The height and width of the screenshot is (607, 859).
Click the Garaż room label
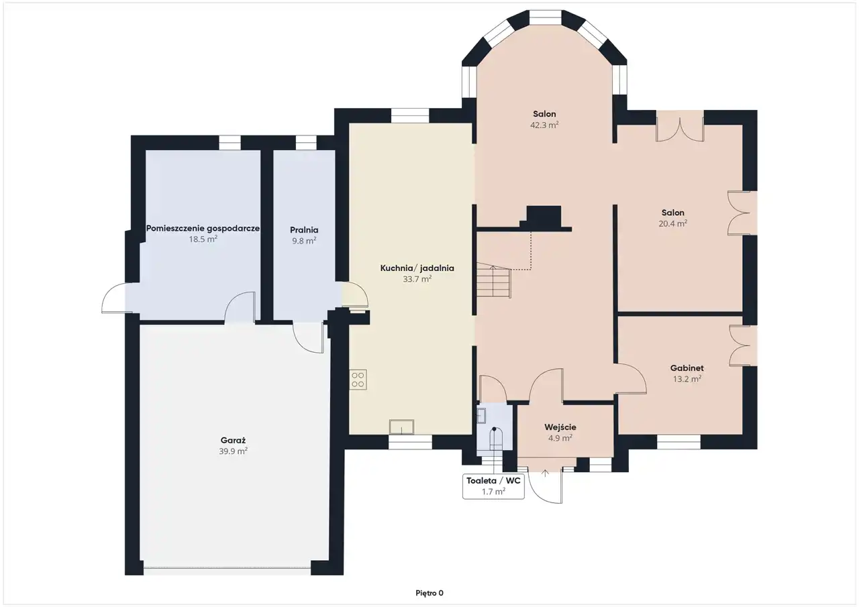click(x=233, y=440)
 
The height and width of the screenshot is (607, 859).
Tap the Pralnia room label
click(x=304, y=230)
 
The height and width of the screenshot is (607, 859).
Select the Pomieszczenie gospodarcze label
click(x=203, y=229)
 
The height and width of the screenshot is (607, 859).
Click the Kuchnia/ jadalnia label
click(x=417, y=268)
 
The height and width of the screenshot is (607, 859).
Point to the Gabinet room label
click(x=687, y=368)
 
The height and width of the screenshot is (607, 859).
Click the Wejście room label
click(x=560, y=427)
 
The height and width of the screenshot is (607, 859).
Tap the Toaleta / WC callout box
click(x=493, y=486)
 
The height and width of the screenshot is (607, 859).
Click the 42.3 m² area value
click(x=544, y=125)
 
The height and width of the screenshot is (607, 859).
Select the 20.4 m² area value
click(x=672, y=223)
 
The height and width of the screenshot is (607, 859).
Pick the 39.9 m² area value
click(x=233, y=451)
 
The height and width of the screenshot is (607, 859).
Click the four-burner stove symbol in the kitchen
click(x=358, y=380)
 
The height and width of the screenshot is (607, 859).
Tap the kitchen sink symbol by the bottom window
click(x=401, y=427)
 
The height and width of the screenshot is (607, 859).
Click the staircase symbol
click(x=494, y=282)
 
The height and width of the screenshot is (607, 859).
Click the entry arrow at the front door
click(x=545, y=474)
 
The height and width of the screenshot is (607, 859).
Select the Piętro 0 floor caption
click(x=429, y=593)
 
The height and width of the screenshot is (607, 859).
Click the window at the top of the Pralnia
click(x=306, y=143)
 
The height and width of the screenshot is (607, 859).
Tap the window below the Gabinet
click(x=678, y=442)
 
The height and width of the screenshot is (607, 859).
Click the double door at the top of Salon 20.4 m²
click(x=680, y=126)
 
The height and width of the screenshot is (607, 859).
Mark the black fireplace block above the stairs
click(x=544, y=217)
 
